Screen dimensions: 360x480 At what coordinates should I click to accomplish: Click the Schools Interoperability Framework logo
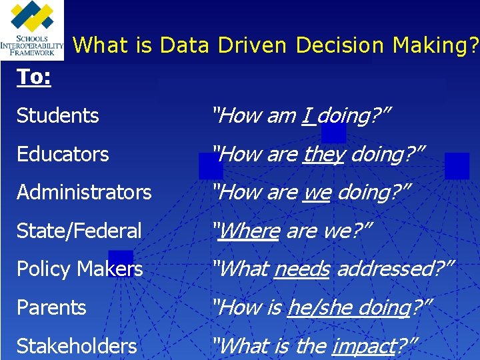click(32, 30)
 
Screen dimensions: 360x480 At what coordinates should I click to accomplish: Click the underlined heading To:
click(34, 77)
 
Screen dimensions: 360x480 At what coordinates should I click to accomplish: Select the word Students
click(58, 116)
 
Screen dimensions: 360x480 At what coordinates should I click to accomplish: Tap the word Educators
click(63, 155)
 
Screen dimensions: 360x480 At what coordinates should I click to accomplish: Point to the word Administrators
click(84, 193)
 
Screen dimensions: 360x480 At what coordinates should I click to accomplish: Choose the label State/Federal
click(79, 231)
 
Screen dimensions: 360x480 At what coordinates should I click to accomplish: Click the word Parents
click(51, 308)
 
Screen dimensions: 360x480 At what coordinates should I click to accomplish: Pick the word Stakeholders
click(77, 347)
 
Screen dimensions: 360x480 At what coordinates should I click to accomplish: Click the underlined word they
click(323, 155)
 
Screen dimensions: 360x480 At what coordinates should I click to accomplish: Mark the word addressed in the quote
click(387, 269)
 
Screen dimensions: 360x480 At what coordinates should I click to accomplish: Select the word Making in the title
click(430, 45)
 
